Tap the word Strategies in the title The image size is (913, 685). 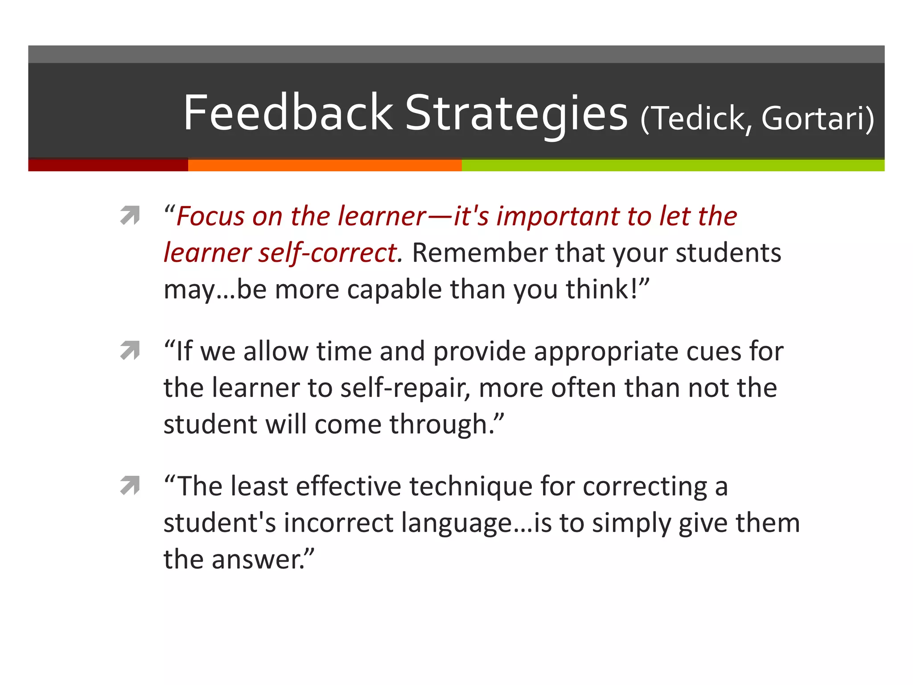pos(516,114)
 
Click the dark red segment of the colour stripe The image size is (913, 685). pos(108,165)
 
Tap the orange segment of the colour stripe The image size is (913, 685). pos(325,165)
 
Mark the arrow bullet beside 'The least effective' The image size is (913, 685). pos(130,486)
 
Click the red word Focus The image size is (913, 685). pos(210,217)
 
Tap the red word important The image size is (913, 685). pos(558,217)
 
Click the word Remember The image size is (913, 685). pos(479,253)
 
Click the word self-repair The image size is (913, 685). pos(405,388)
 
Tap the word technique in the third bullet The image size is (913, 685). pos(471,487)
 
